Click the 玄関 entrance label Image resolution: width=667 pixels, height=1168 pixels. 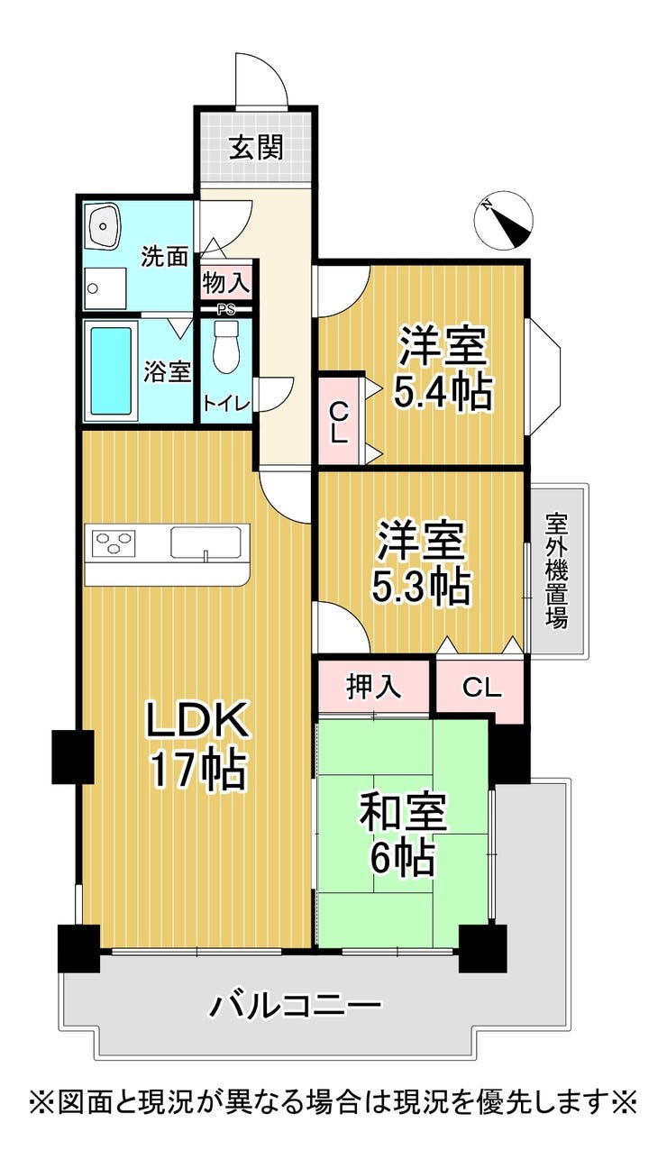pyautogui.click(x=257, y=147)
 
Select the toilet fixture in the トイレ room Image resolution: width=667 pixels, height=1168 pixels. pyautogui.click(x=226, y=346)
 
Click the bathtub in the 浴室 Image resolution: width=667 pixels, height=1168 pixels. pyautogui.click(x=111, y=370)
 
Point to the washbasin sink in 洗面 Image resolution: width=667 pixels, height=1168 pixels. pyautogui.click(x=105, y=224)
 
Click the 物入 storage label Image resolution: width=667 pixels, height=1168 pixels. pyautogui.click(x=226, y=283)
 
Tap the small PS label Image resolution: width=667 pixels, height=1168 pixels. pyautogui.click(x=226, y=310)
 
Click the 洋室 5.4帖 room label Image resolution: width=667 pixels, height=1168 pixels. pyautogui.click(x=443, y=368)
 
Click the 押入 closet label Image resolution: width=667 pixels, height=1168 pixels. pyautogui.click(x=374, y=687)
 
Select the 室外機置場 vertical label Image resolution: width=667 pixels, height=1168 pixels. pyautogui.click(x=556, y=570)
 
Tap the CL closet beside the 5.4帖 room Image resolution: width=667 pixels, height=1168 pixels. pyautogui.click(x=339, y=420)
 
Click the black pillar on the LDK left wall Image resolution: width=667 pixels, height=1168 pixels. pyautogui.click(x=72, y=757)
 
